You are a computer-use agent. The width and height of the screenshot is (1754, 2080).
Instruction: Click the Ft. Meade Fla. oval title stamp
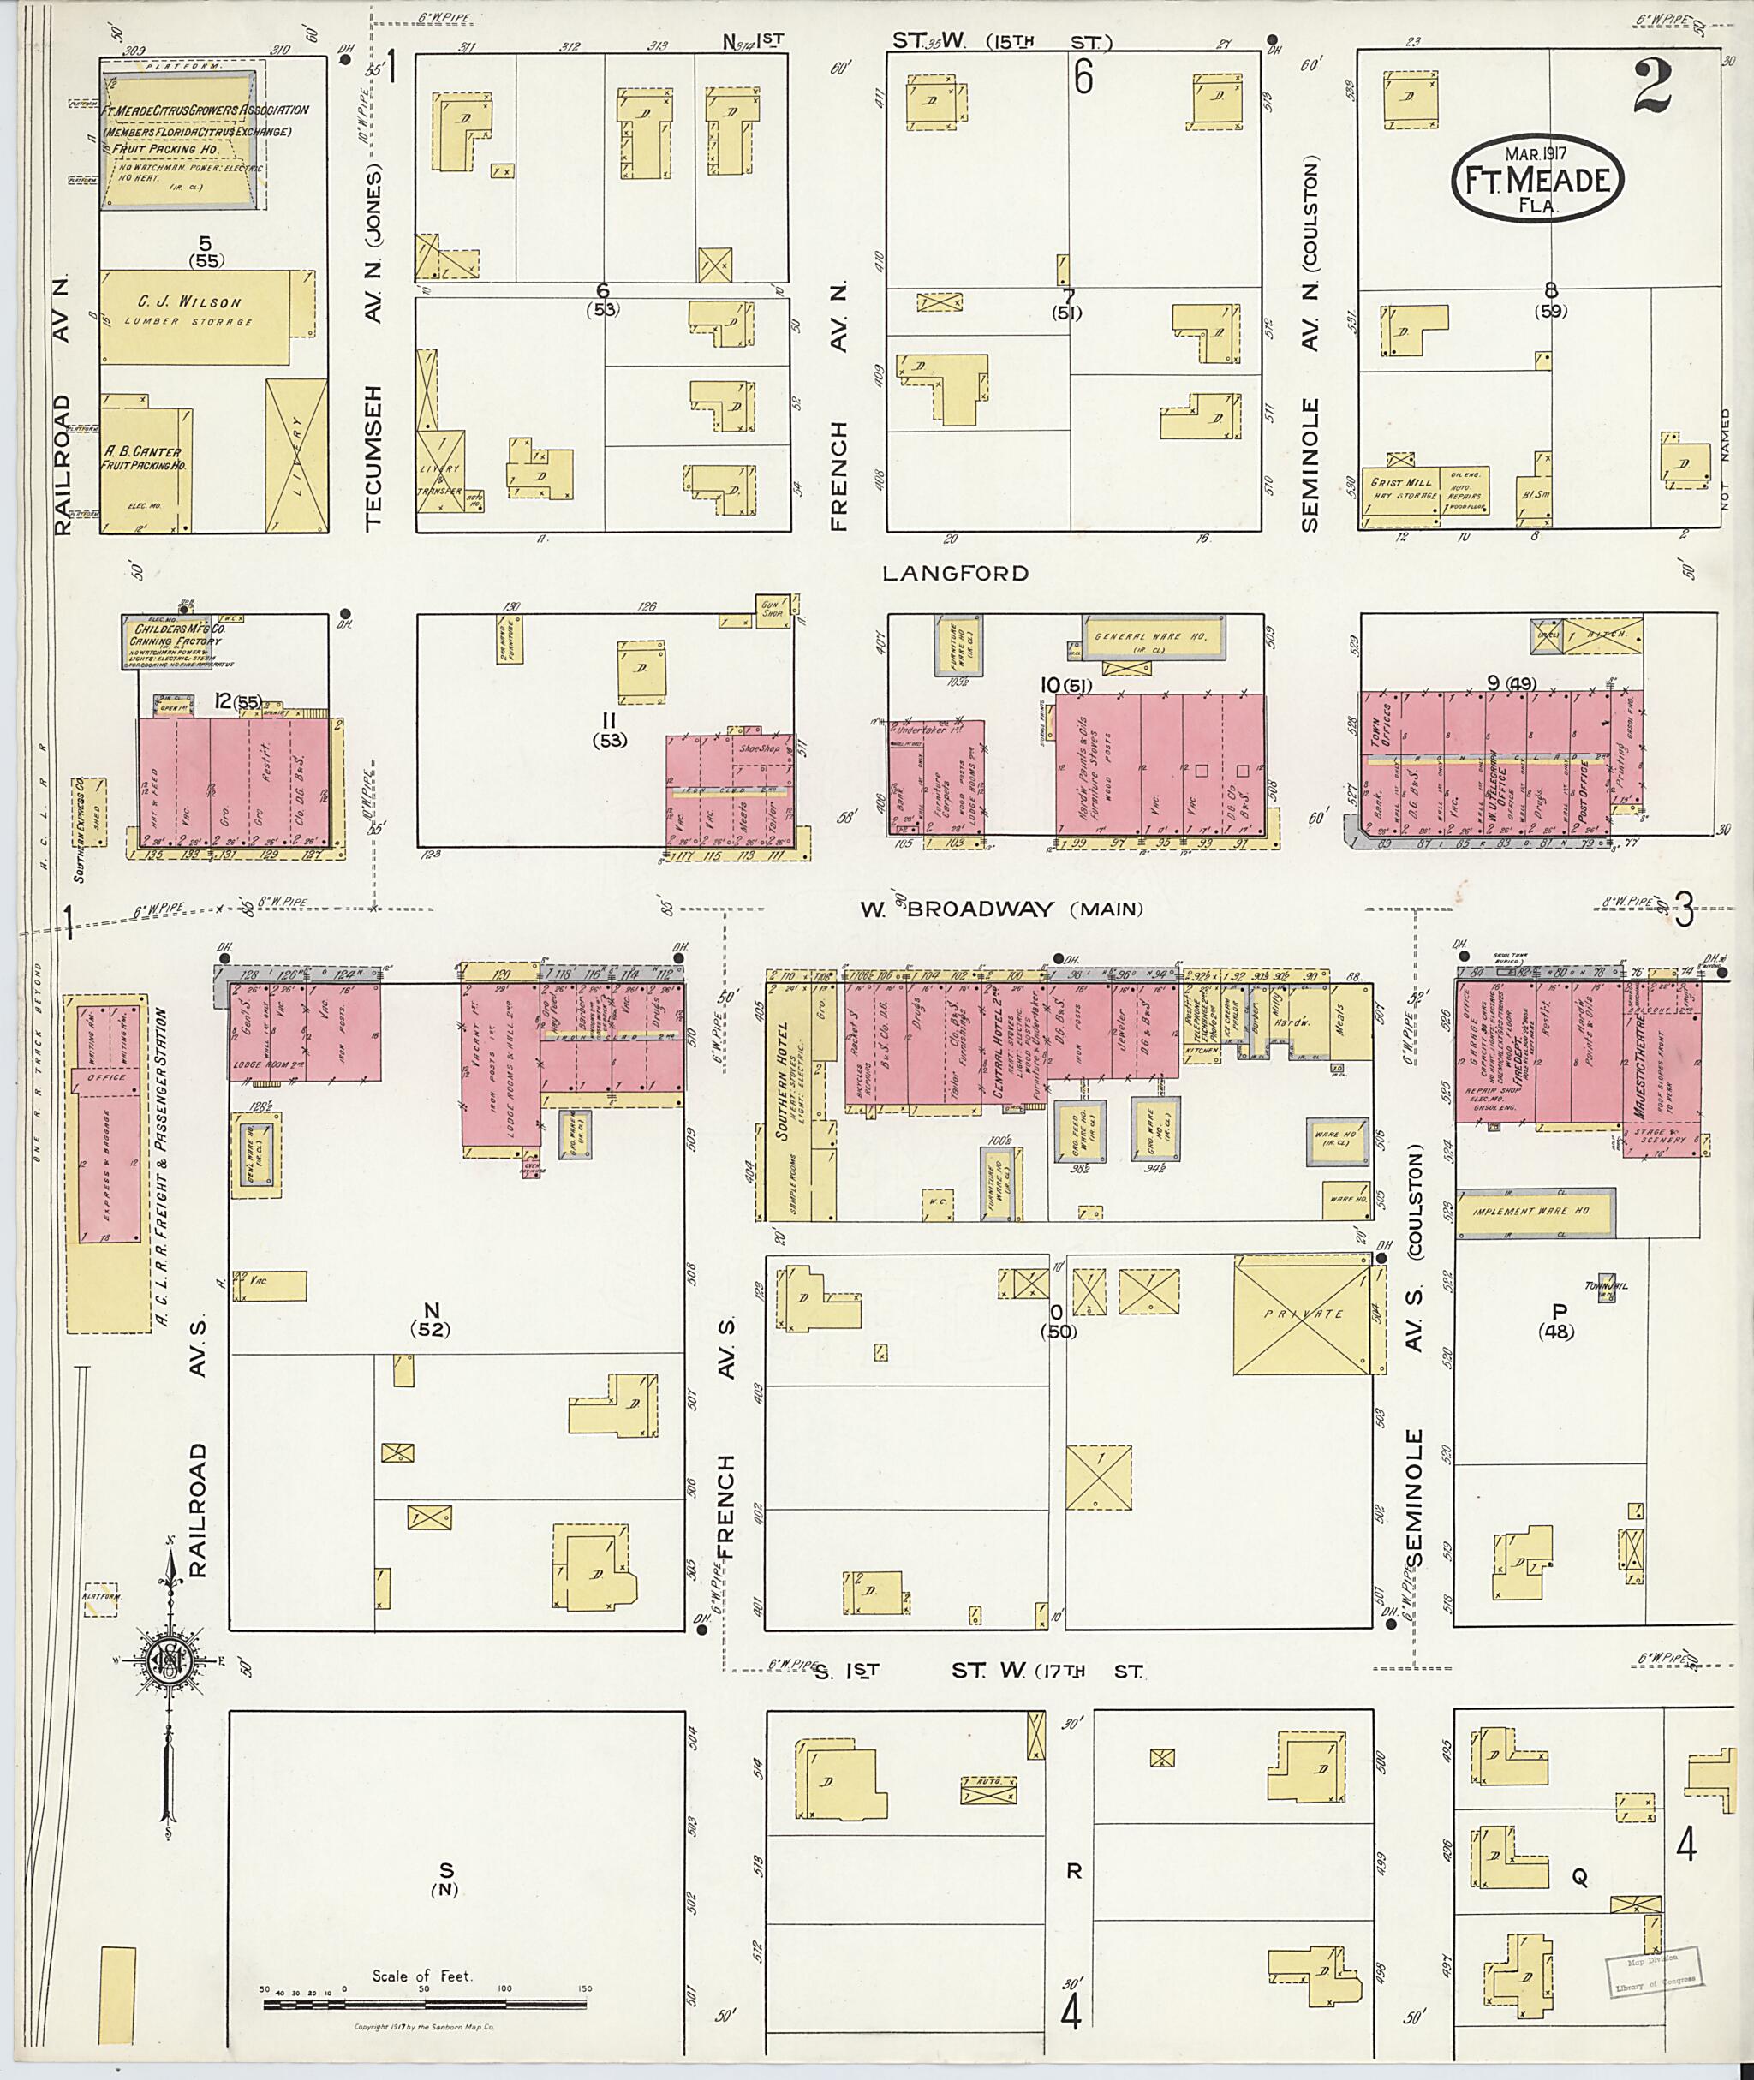click(1536, 180)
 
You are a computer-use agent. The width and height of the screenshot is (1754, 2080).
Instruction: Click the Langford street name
click(956, 573)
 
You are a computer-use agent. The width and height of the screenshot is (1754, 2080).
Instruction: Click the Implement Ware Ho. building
click(1532, 1212)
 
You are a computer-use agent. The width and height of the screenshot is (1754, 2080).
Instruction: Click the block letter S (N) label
click(444, 1877)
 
